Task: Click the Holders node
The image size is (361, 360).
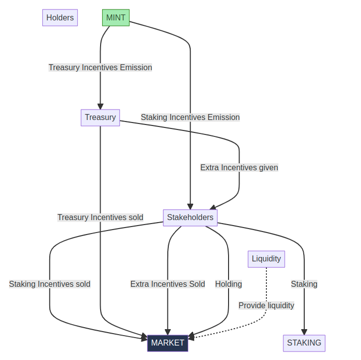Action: (x=60, y=18)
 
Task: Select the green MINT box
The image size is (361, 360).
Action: (x=116, y=18)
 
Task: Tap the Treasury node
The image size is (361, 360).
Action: (x=100, y=118)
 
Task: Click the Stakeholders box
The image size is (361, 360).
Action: (x=190, y=218)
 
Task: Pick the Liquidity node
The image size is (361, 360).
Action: (x=266, y=259)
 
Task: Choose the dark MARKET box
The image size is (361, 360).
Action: (x=167, y=343)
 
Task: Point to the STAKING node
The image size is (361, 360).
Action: (x=304, y=343)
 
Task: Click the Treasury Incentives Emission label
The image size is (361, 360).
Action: (x=100, y=67)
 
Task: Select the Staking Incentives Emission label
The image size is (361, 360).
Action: (x=190, y=118)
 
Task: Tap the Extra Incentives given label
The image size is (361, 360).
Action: (x=239, y=168)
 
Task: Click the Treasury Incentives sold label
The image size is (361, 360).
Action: (x=100, y=218)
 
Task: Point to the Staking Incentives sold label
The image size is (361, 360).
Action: (x=50, y=284)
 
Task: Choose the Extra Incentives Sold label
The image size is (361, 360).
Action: (x=167, y=284)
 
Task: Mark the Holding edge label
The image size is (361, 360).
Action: (x=229, y=284)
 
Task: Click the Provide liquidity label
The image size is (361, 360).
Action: (x=266, y=306)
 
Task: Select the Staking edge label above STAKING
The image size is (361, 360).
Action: (x=304, y=284)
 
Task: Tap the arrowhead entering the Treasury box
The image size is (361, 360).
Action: (x=100, y=107)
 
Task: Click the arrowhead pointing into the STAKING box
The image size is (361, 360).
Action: (x=304, y=332)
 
